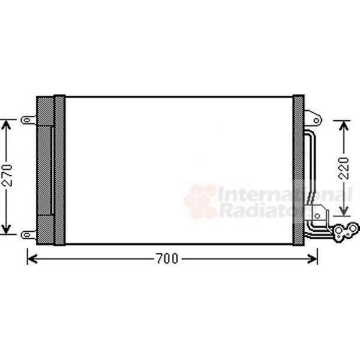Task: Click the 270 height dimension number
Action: (x=7, y=177)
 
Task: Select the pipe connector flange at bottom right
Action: (x=343, y=230)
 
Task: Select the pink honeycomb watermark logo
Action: (x=199, y=202)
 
